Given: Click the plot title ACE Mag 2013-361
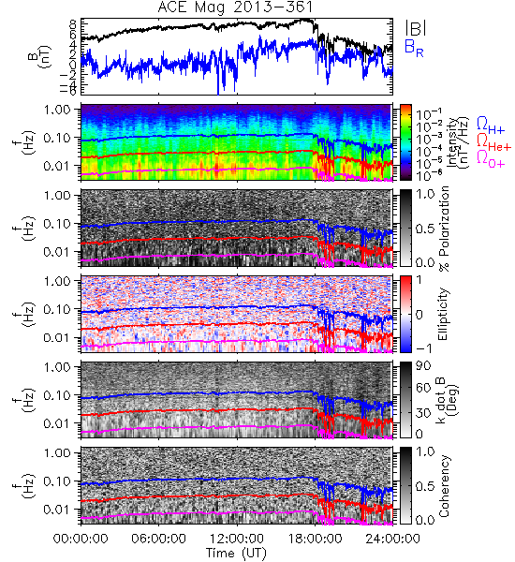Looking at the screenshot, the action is [x=235, y=7].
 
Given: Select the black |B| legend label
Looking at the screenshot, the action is [x=416, y=28].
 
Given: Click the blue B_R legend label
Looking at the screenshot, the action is [x=414, y=48].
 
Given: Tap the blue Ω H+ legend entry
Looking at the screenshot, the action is [x=491, y=126].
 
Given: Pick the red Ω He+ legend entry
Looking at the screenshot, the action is [x=493, y=142].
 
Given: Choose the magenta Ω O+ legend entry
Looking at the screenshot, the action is [x=491, y=159].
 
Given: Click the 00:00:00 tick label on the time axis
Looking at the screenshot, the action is [x=81, y=539].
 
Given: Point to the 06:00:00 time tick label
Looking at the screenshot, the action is [x=159, y=539].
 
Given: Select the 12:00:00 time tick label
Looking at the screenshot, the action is [x=237, y=539].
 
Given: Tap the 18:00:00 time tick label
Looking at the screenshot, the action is [x=315, y=539].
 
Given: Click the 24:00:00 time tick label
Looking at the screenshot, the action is [x=392, y=539].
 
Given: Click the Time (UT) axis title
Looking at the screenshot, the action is [x=237, y=553].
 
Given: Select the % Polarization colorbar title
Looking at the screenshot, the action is [x=444, y=229].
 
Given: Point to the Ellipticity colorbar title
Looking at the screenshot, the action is [x=443, y=314].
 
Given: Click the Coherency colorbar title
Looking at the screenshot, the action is [x=444, y=486].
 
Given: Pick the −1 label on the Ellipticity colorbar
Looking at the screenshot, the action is [x=423, y=348].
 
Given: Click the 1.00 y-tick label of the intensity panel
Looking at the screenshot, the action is [x=57, y=110].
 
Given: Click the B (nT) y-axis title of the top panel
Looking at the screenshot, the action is [x=40, y=56].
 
